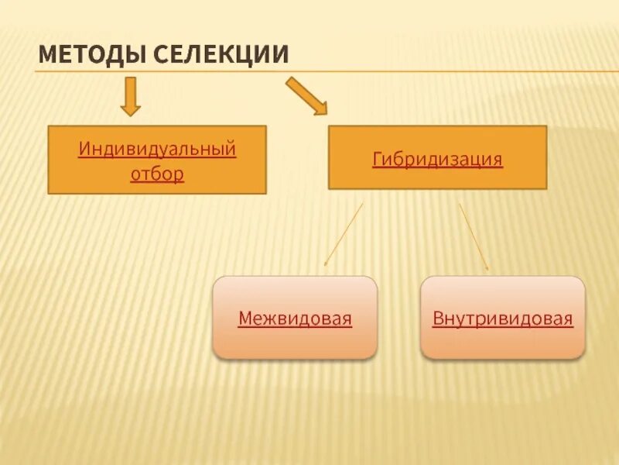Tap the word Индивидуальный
(x=157, y=148)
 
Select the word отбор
(x=157, y=173)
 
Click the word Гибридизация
(x=437, y=160)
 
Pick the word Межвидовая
(x=295, y=318)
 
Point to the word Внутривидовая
(x=502, y=318)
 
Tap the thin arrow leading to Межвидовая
(x=344, y=234)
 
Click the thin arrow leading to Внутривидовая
(x=474, y=236)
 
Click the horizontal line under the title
(x=464, y=72)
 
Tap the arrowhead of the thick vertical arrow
(x=131, y=109)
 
